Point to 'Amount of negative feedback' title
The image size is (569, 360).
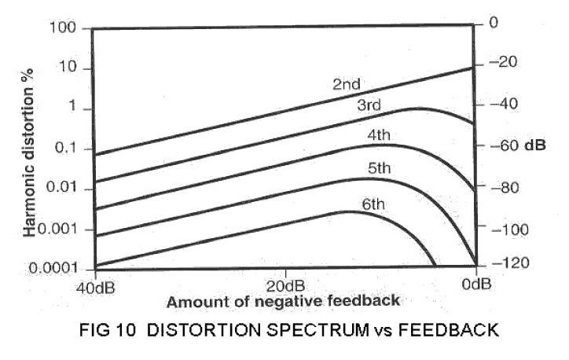tap(283, 300)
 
